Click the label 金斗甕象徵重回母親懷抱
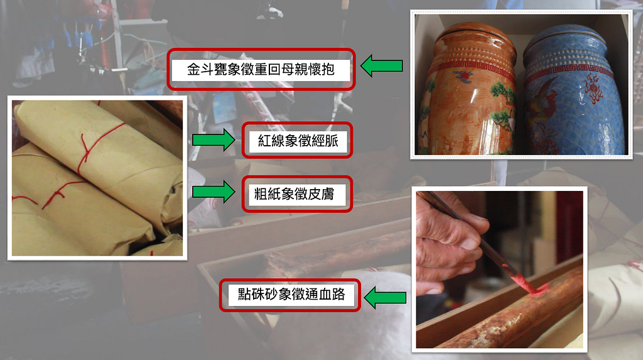[261, 69]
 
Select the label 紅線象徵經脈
[297, 140]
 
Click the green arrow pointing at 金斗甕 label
[381, 66]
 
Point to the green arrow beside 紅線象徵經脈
[213, 140]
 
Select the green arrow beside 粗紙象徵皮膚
[213, 192]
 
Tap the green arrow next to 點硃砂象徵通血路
[385, 298]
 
